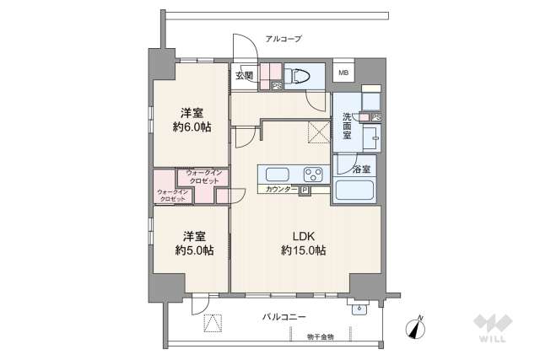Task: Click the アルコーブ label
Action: pos(283,39)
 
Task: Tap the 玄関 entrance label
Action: pos(244,76)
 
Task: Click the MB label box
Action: pos(343,73)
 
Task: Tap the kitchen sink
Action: pos(278,175)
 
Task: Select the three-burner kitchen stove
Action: pos(313,175)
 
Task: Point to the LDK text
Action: pos(304,235)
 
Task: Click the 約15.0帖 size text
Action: pos(304,250)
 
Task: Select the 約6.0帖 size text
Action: pos(192,127)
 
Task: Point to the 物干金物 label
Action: pos(320,336)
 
